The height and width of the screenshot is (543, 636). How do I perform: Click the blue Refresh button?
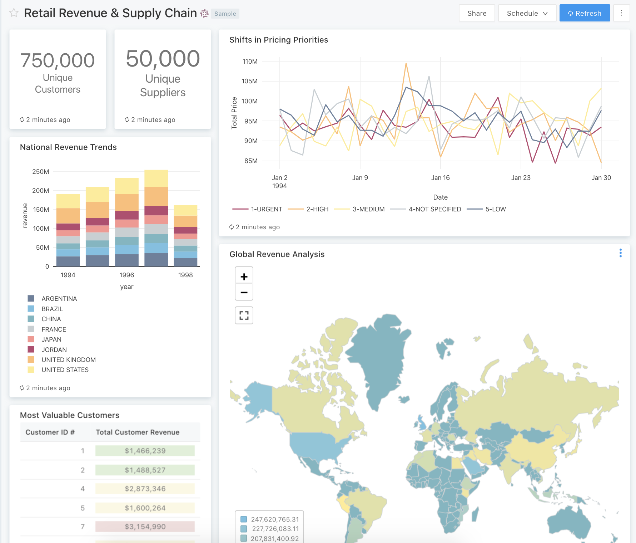tap(585, 13)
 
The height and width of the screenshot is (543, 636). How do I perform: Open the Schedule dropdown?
tap(527, 13)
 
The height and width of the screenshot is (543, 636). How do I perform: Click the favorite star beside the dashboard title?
tap(14, 13)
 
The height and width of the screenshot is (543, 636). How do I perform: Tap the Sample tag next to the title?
tap(225, 14)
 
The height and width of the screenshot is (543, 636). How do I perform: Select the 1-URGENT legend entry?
tap(258, 209)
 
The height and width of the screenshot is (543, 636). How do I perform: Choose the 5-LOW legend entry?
tap(487, 209)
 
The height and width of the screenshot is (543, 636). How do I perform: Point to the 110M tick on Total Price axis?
tap(250, 62)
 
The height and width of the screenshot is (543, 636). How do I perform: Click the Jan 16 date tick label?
tap(440, 178)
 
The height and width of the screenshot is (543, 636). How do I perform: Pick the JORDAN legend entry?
tap(54, 350)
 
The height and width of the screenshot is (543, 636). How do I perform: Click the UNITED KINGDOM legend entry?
tap(68, 360)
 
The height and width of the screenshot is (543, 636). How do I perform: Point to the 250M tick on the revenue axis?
tap(41, 172)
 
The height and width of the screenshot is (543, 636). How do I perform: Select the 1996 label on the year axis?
tap(126, 275)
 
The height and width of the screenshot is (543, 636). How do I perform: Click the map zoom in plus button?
tap(244, 277)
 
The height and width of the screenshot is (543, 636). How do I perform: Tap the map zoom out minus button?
tap(244, 292)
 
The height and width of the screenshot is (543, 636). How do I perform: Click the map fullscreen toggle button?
tap(244, 315)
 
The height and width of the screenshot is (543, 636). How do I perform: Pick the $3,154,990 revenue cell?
tap(145, 527)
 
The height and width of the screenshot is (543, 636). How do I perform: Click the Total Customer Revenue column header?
tap(138, 432)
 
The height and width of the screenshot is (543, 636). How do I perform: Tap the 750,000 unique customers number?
tap(58, 60)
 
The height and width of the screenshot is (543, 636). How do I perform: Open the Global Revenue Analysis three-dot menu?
tap(620, 253)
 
